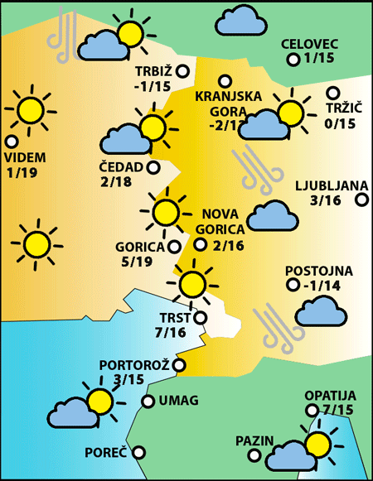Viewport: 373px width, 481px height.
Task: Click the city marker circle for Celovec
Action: [x=293, y=60]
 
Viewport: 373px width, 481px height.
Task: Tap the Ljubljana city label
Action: [x=326, y=185]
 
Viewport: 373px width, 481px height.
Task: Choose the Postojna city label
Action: [x=318, y=271]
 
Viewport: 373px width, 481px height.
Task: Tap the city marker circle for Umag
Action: [x=148, y=402]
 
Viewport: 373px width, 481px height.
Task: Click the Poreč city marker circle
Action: [x=138, y=452]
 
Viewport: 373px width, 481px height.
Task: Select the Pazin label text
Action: [x=254, y=440]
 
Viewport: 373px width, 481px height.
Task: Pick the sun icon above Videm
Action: [x=31, y=108]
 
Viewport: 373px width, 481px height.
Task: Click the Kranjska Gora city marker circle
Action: [x=224, y=80]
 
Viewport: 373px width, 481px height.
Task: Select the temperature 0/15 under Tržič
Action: [x=340, y=123]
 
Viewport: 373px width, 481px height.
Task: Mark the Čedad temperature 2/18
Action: [x=119, y=182]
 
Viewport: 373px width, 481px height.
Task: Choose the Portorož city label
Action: [x=134, y=365]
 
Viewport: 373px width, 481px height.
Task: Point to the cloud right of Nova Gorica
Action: [x=273, y=216]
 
